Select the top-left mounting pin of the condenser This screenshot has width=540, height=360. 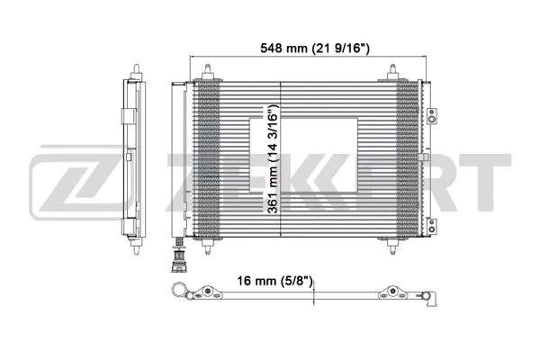pos(210,70)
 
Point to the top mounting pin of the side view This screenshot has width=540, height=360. pos(136,69)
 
